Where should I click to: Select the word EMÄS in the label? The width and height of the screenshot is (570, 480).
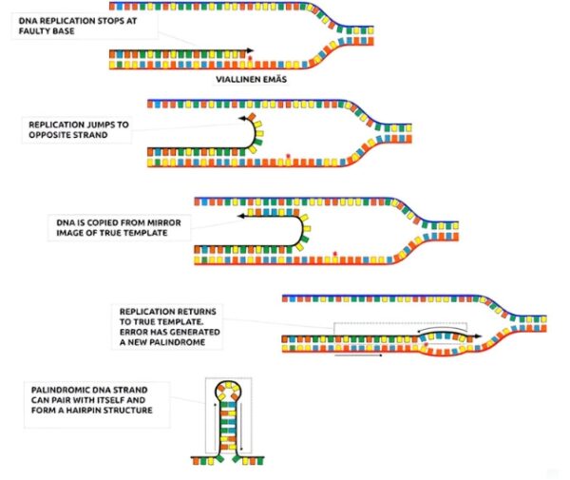[275, 79]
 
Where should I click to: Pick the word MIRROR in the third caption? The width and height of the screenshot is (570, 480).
[162, 222]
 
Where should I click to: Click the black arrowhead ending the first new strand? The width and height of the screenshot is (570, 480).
[250, 50]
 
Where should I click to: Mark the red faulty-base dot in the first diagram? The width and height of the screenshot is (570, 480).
[250, 58]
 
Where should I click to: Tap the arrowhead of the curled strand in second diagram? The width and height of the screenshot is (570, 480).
[242, 118]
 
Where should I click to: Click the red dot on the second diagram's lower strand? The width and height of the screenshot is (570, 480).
[288, 156]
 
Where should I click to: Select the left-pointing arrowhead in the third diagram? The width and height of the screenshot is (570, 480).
[240, 216]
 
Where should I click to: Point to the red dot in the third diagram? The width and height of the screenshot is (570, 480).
[335, 254]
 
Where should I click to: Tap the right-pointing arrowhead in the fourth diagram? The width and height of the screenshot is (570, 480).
[479, 336]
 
